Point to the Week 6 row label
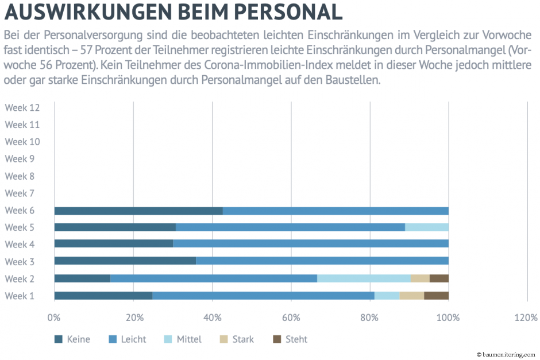[x=20, y=210]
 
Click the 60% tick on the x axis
[x=291, y=318]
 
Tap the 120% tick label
[x=526, y=318]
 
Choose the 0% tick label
[x=54, y=318]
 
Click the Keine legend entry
[x=72, y=339]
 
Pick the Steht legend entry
[x=290, y=339]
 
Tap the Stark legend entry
[x=237, y=339]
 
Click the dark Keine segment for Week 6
[x=138, y=211]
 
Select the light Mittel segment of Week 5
[x=426, y=227]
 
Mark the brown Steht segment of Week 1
[x=436, y=296]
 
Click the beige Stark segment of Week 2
[x=420, y=278]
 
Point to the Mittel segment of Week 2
[x=364, y=278]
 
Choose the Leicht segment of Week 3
[x=322, y=261]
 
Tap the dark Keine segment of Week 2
[x=82, y=278]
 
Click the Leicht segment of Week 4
[x=310, y=244]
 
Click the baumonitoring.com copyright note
[x=505, y=355]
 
